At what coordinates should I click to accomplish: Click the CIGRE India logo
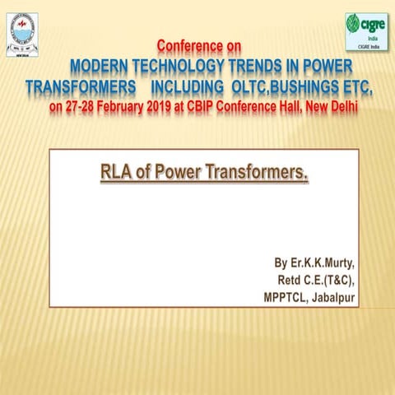click(363, 33)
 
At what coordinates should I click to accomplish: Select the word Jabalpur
click(333, 298)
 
